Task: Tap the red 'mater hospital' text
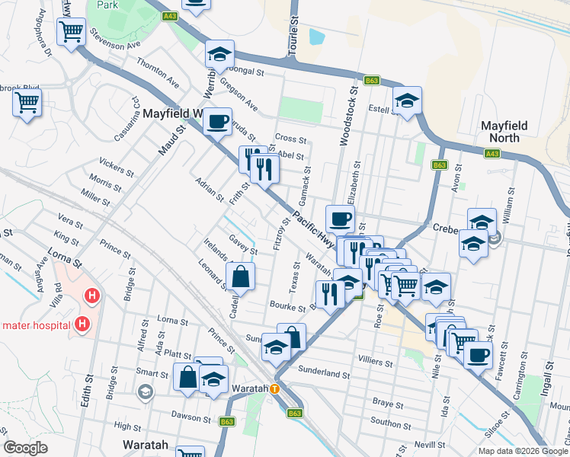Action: point(36,325)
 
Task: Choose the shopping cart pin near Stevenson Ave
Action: point(71,32)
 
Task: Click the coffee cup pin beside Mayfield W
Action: point(217,121)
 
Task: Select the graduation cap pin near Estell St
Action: point(407,101)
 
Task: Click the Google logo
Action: point(25,448)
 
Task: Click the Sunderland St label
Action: point(323,375)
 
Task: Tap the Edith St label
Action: point(88,389)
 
